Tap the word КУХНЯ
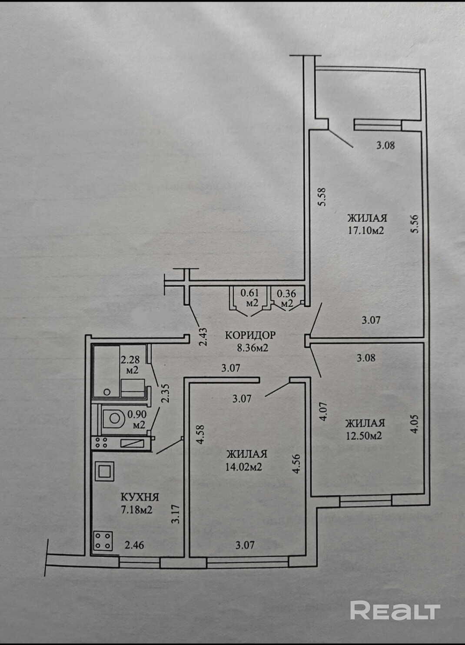tap(139, 497)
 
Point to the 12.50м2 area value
tap(364, 435)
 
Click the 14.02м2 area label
tap(246, 467)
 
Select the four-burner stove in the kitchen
tap(103, 541)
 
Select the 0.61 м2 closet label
tap(250, 298)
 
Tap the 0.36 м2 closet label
tap(286, 298)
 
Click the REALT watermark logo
tap(395, 610)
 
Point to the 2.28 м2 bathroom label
tap(129, 364)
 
